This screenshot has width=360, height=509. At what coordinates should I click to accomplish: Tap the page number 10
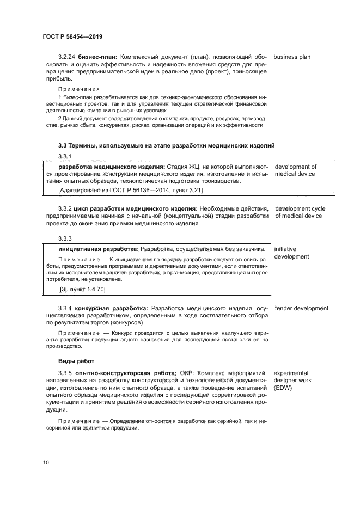pyautogui.click(x=46, y=462)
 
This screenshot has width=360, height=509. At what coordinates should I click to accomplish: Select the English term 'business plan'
pyautogui.click(x=292, y=57)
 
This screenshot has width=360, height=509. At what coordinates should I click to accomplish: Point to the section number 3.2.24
pyautogui.click(x=66, y=57)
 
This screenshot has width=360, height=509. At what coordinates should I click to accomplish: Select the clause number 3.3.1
pyautogui.click(x=65, y=157)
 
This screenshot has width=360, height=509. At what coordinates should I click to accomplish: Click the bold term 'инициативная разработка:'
pyautogui.click(x=98, y=248)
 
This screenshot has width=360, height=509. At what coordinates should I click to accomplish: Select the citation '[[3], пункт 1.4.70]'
pyautogui.click(x=82, y=289)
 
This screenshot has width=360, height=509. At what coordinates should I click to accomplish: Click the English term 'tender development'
pyautogui.click(x=302, y=308)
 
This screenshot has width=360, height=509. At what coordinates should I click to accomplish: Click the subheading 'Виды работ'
pyautogui.click(x=76, y=361)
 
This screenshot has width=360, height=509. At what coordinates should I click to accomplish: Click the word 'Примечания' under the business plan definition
pyautogui.click(x=78, y=88)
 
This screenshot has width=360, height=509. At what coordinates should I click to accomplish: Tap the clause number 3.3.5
pyautogui.click(x=65, y=372)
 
